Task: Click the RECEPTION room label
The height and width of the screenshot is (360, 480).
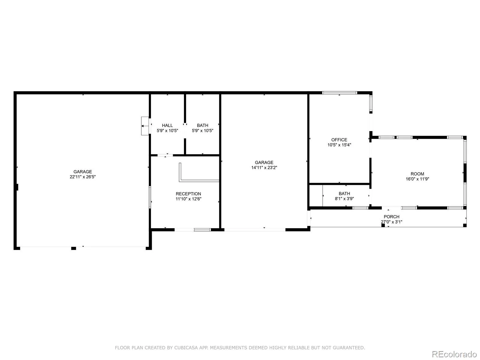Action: coord(188,194)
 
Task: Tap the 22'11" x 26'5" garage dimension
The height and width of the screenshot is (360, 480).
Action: coord(82,177)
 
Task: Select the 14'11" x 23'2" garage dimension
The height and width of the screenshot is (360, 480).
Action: coord(264,168)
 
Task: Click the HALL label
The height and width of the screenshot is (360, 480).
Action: coord(167,125)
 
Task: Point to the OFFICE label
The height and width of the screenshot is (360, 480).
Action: coord(339,140)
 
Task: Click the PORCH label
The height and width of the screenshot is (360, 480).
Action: coord(391,217)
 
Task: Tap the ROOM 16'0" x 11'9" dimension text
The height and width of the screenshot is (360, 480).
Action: coord(417,179)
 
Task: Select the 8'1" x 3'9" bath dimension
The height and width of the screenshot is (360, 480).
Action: coord(344,199)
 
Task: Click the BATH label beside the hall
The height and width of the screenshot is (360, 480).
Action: coord(202,125)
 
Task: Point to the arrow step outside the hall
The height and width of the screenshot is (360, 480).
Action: coord(145,126)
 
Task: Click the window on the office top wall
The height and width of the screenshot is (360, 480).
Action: coord(340,93)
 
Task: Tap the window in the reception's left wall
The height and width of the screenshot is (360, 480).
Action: coord(150,197)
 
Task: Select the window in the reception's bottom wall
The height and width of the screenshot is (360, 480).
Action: coord(202,230)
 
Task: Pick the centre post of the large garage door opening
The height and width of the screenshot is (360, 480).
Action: coord(73,248)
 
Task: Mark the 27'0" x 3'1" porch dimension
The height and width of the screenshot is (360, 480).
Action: coord(391,222)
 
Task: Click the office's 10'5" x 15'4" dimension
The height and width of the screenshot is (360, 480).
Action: coord(339,145)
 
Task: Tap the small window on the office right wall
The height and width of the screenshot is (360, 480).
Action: coord(371,103)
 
